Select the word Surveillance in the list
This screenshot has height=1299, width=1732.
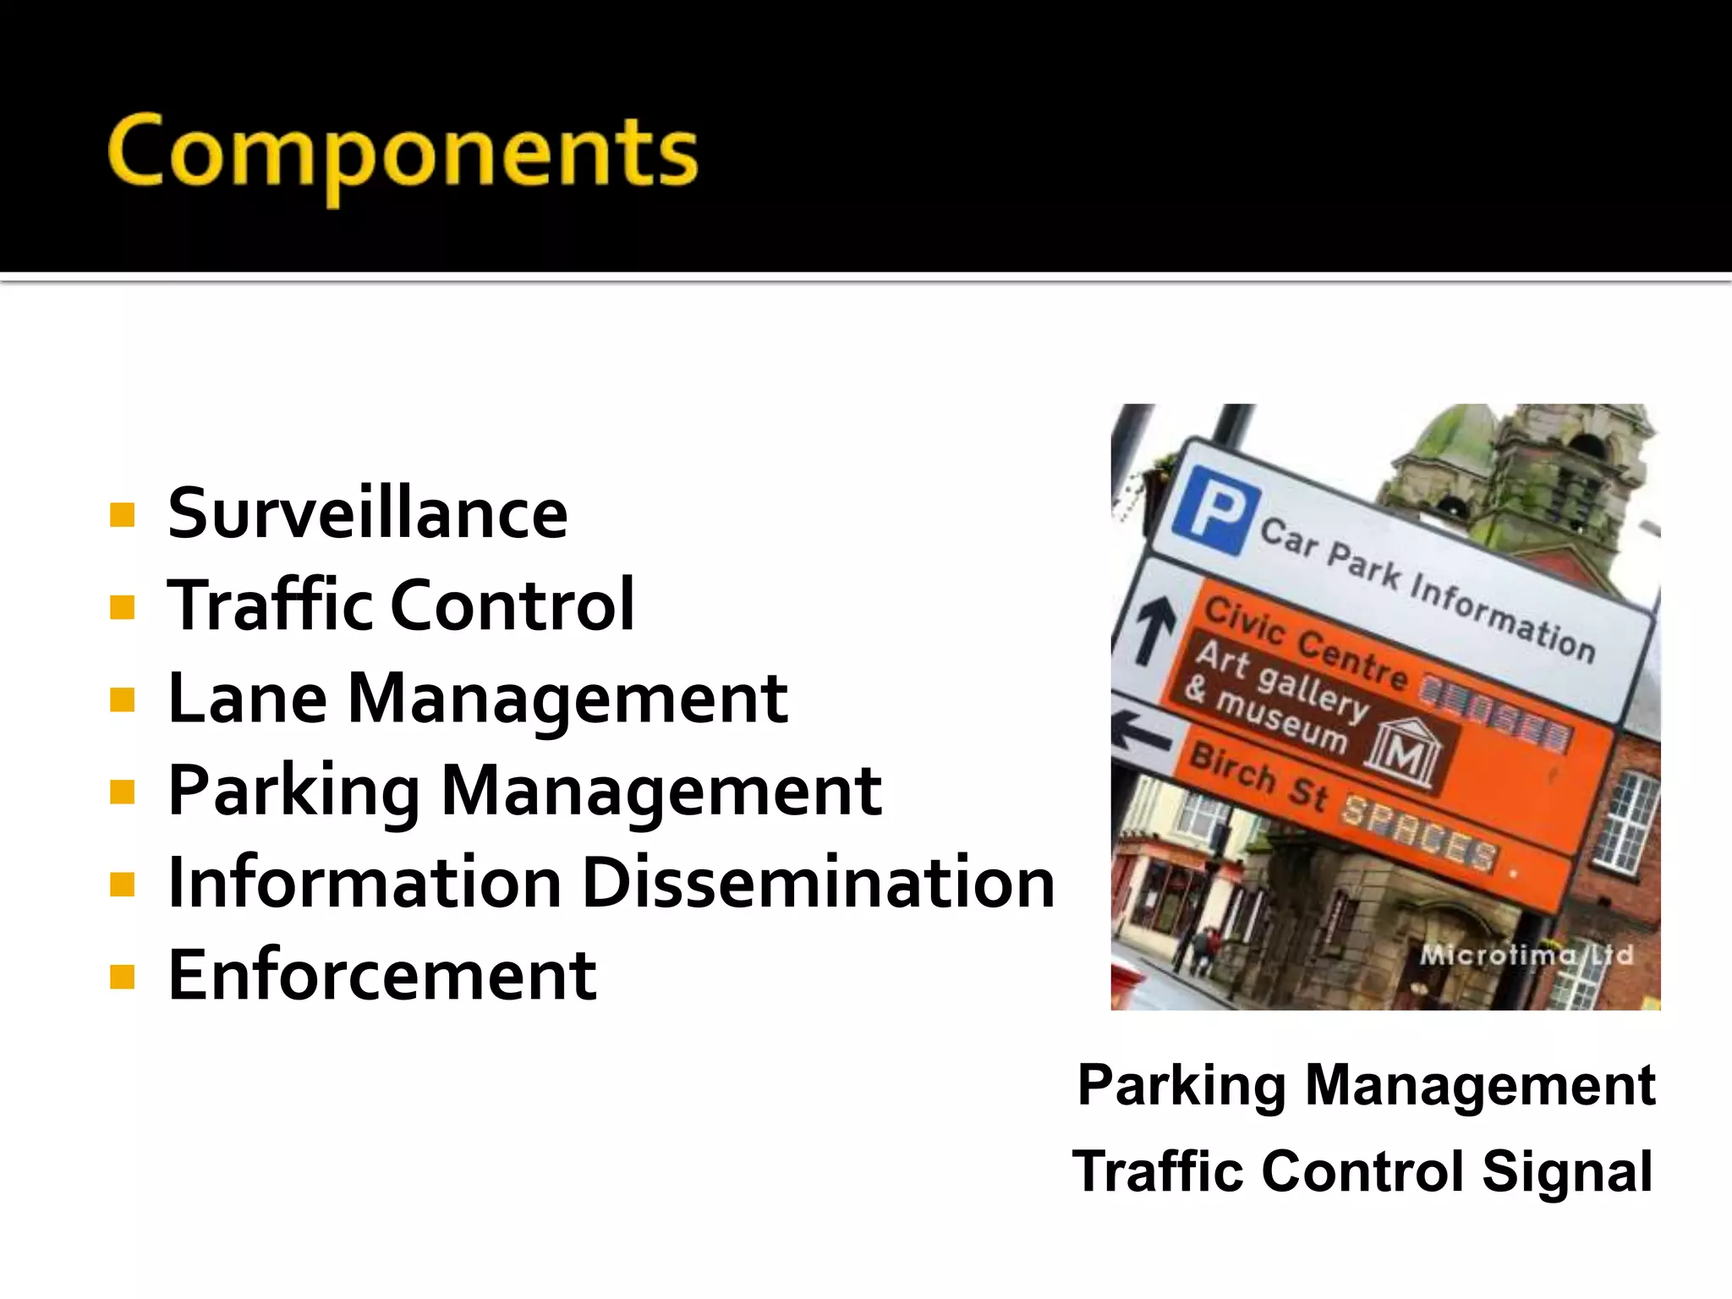[x=368, y=513]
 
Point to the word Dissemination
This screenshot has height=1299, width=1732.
[x=819, y=882]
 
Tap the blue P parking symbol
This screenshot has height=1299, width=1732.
[x=1215, y=510]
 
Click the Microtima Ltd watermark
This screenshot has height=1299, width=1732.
[x=1526, y=955]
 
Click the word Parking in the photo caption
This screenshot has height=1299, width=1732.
[x=1181, y=1085]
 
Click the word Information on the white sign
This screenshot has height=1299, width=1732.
[x=1502, y=616]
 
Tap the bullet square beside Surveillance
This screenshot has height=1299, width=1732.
[x=123, y=514]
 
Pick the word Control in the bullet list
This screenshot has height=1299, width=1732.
[x=512, y=606]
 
